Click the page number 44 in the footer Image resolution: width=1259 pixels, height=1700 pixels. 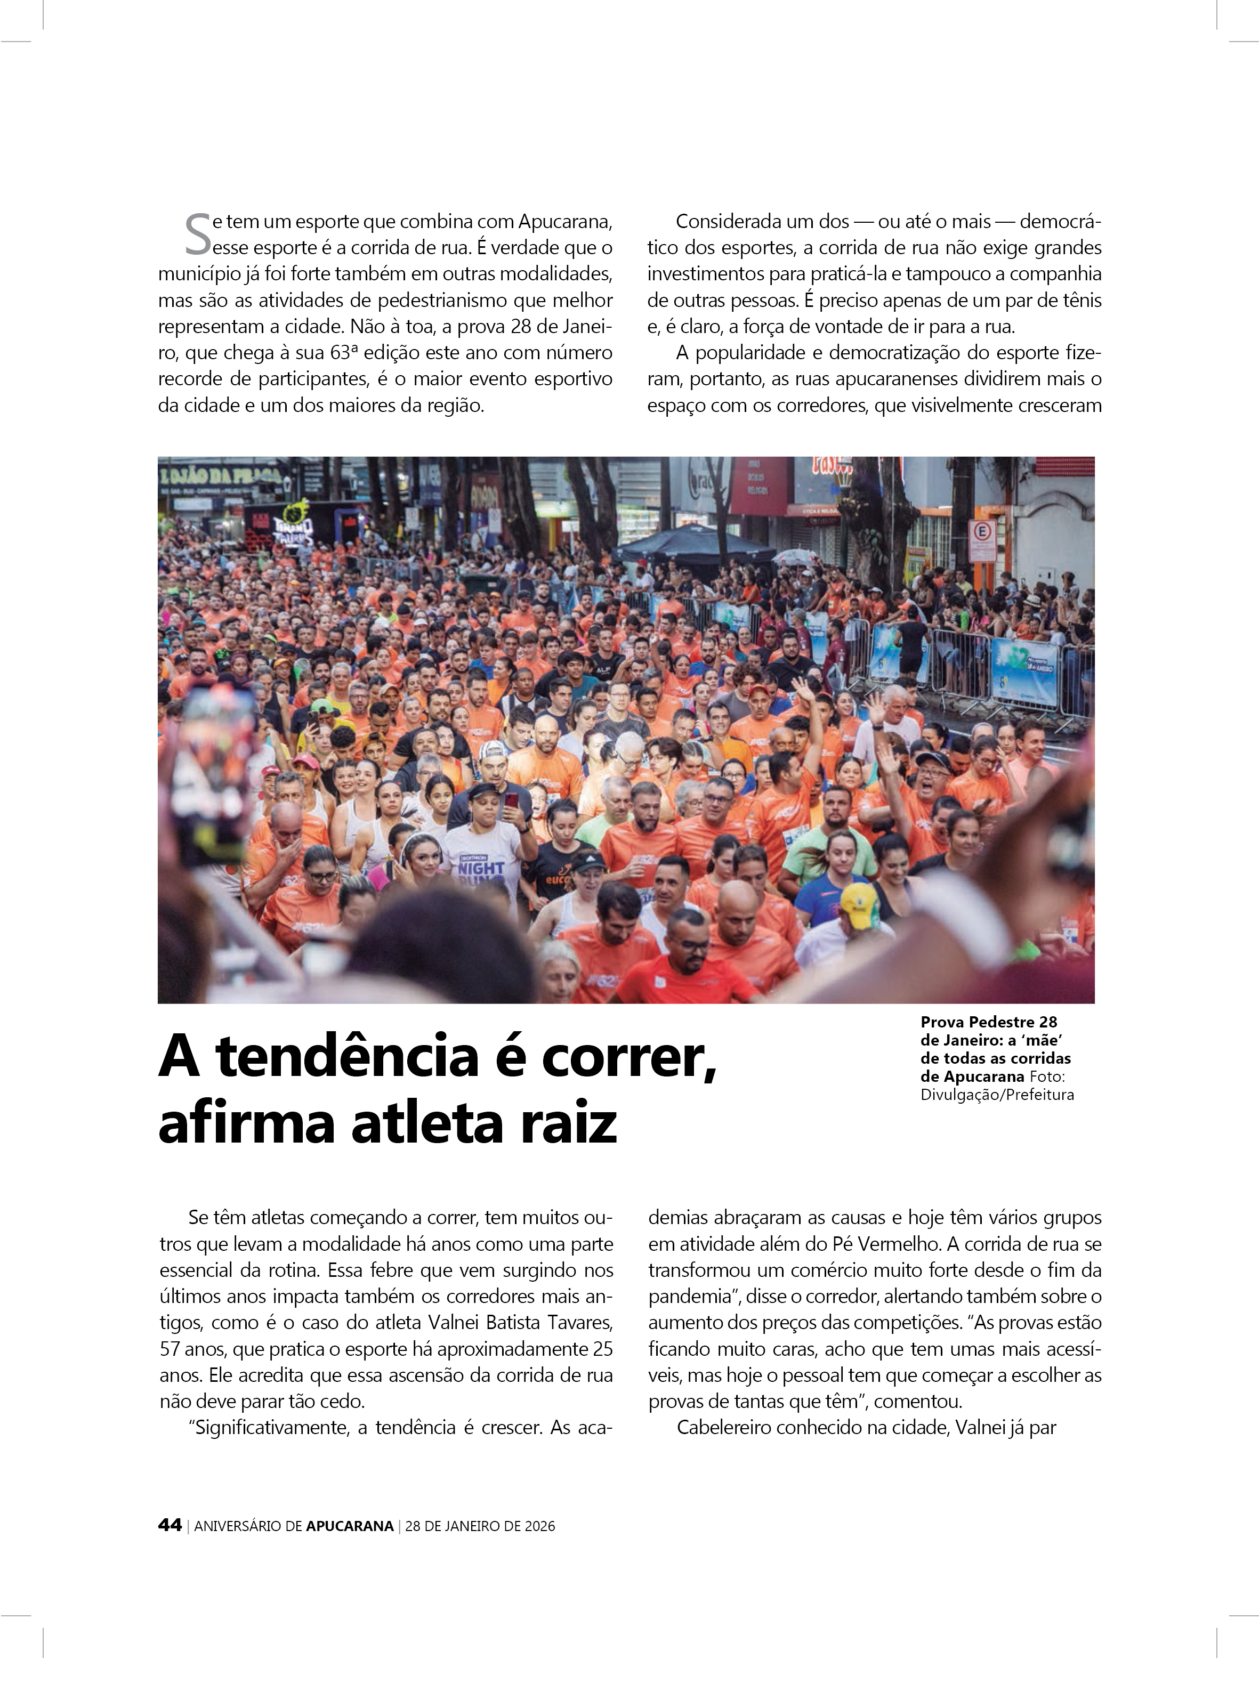[169, 1525]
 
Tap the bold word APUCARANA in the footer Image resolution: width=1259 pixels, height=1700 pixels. [350, 1526]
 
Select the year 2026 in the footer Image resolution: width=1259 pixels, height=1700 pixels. [539, 1526]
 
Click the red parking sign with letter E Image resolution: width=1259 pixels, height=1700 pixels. [982, 533]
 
